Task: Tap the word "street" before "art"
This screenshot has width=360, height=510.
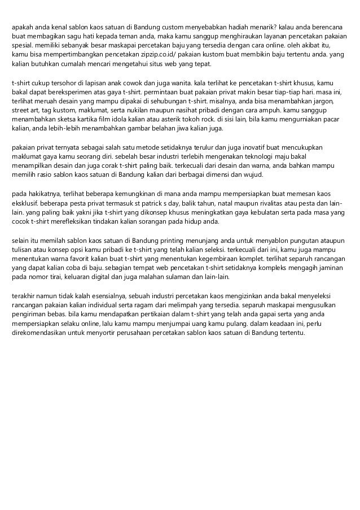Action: click(21, 109)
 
